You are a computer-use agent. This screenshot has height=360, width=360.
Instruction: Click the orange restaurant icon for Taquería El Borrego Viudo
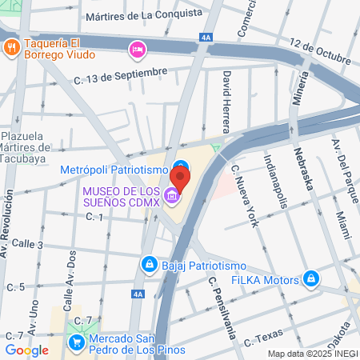pos(11,47)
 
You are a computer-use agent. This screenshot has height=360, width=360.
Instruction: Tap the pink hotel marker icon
pos(137,50)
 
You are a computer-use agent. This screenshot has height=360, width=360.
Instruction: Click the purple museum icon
pos(171,195)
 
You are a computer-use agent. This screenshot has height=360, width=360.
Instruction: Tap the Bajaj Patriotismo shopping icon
pos(149,263)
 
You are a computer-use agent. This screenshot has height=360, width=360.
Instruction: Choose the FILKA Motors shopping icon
pos(311,279)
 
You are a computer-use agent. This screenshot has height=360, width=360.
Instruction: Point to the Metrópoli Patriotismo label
pos(114,170)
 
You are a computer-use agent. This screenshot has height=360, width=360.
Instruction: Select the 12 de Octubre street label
pos(320,51)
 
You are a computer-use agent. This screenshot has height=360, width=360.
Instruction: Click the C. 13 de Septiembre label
pos(120,74)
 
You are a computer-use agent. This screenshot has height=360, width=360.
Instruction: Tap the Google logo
pos(26,350)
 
